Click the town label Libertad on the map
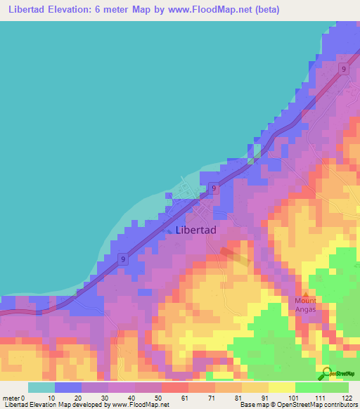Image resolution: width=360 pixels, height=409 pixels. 195,230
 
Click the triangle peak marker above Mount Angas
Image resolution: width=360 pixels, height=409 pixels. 306,294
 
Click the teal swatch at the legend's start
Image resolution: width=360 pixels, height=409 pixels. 41,387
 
